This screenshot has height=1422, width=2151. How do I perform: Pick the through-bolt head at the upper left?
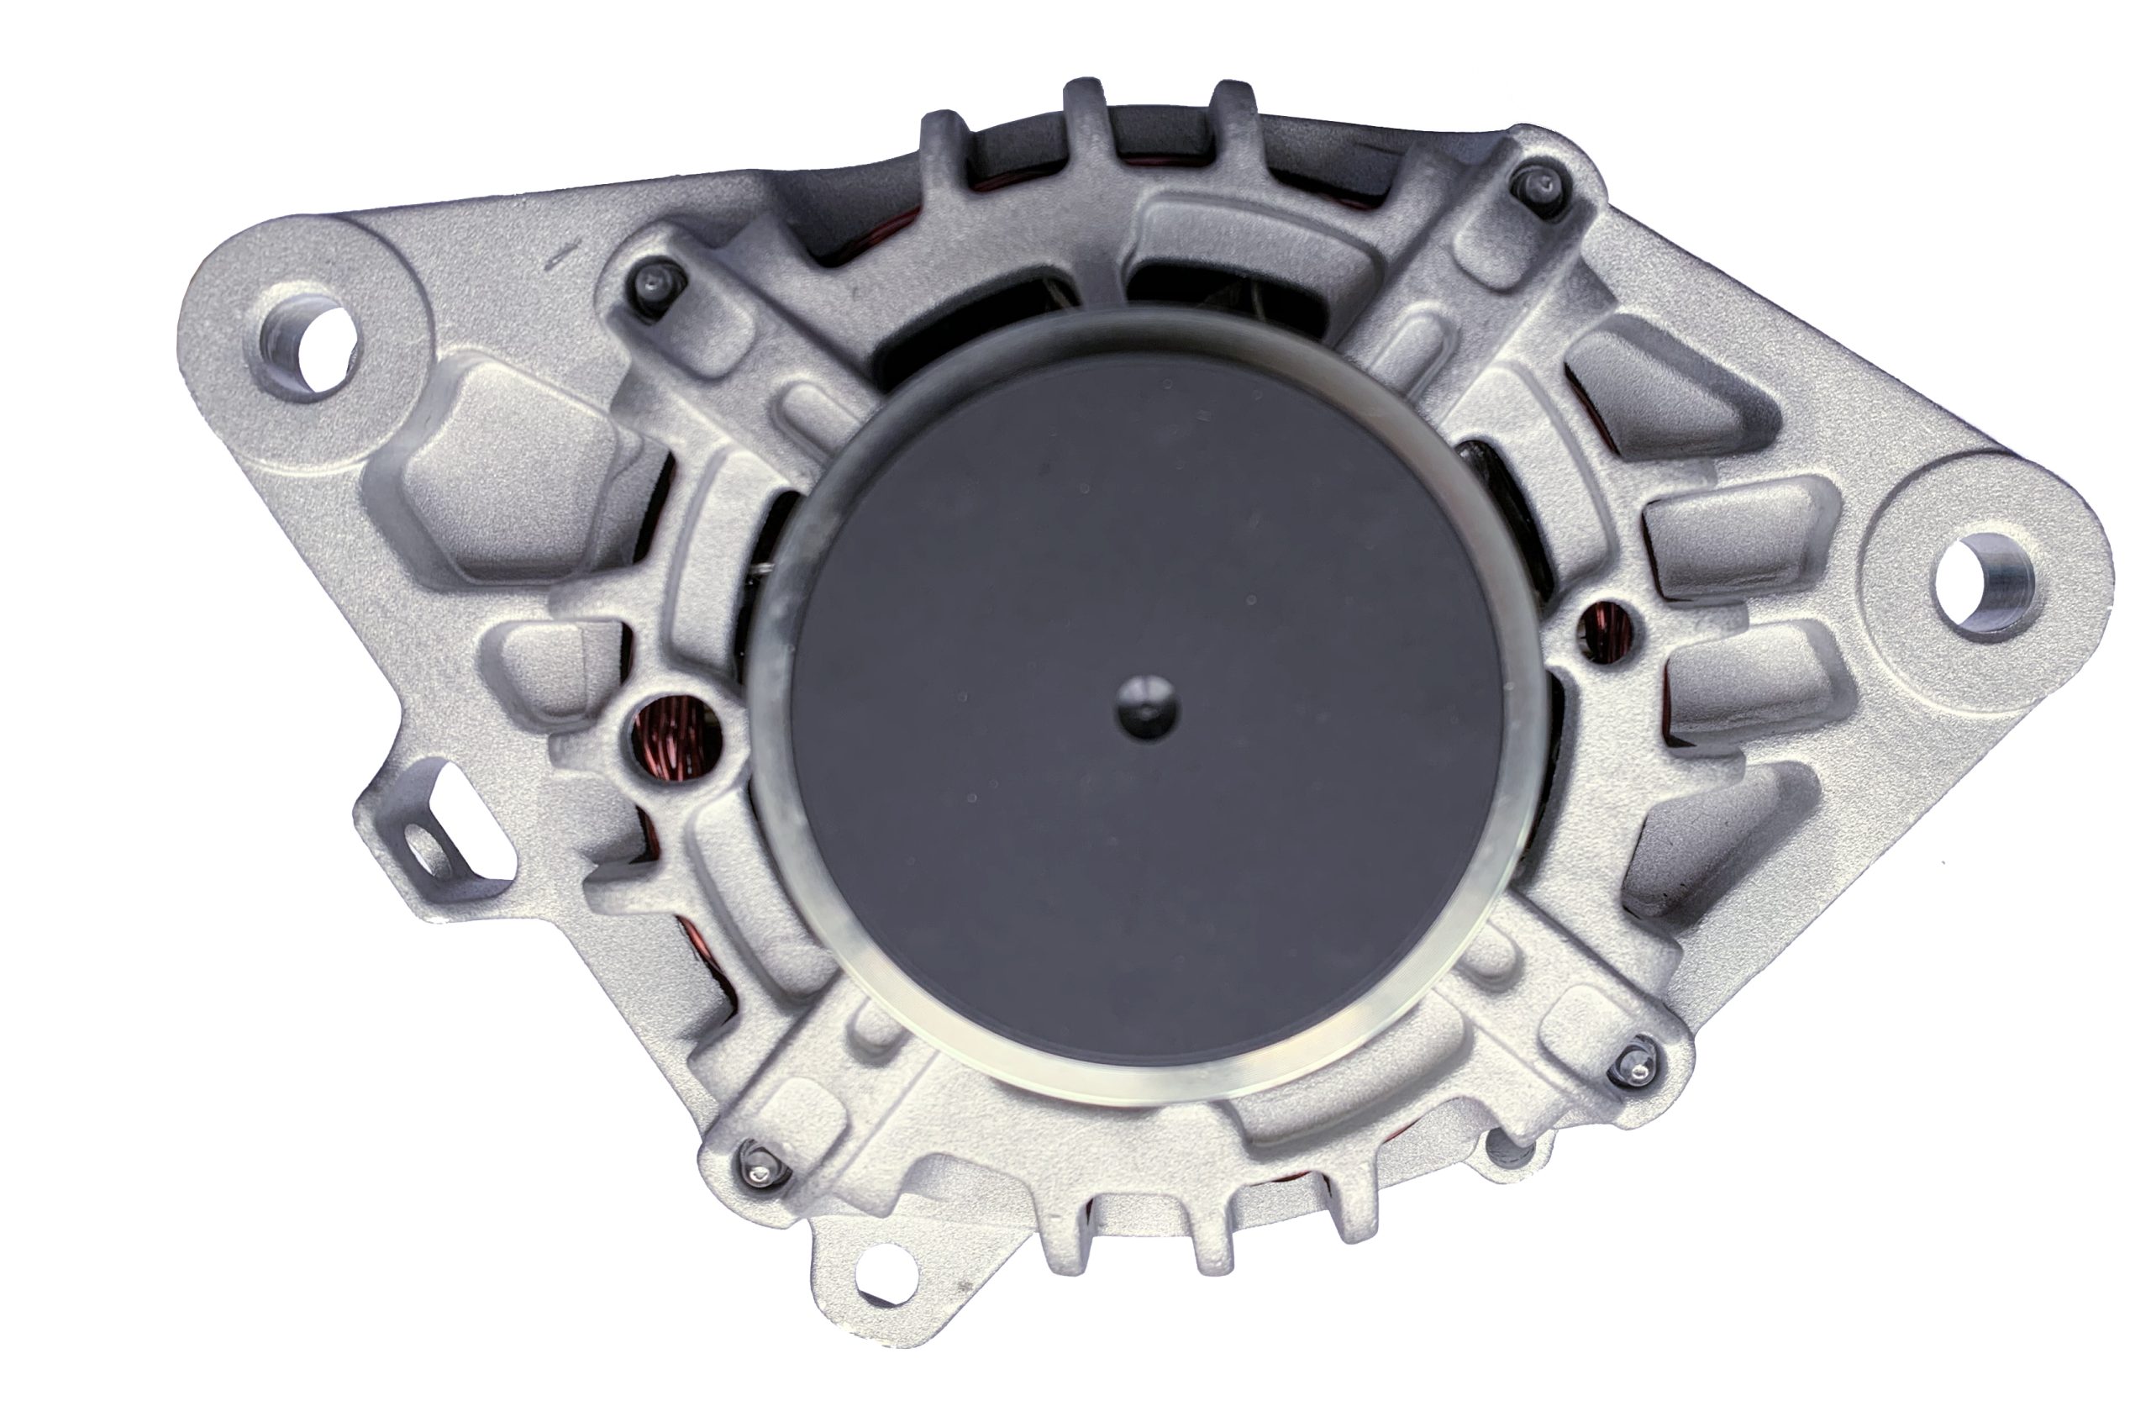click(655, 283)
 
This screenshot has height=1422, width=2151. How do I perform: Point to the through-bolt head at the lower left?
click(755, 1174)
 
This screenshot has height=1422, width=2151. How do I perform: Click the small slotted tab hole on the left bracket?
click(426, 848)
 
